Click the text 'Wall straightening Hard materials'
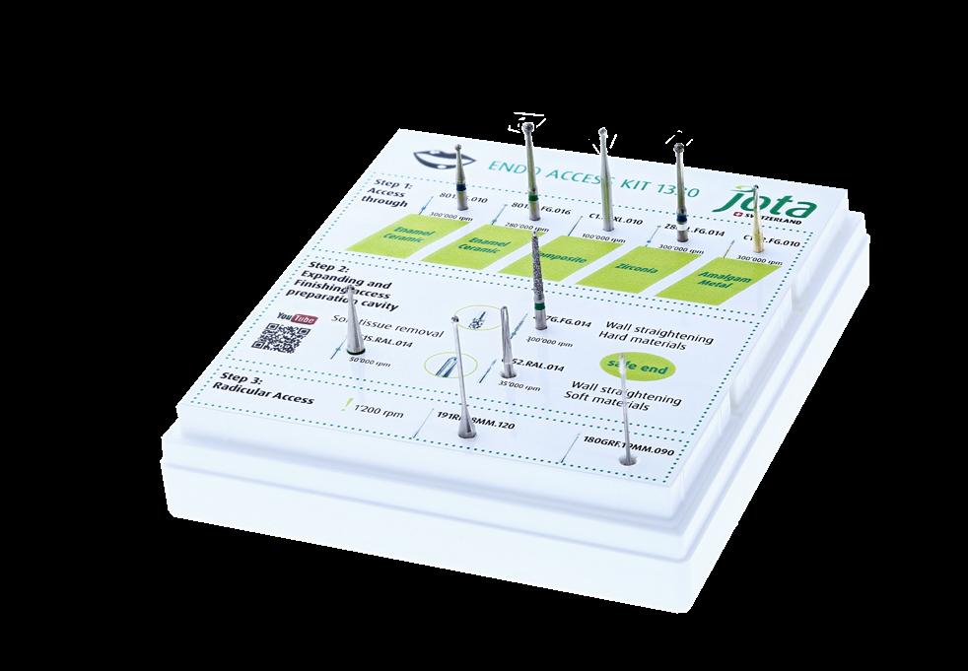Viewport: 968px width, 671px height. pos(662,344)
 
